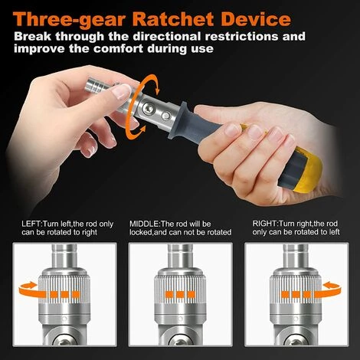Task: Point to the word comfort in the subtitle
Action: click(x=194, y=50)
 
